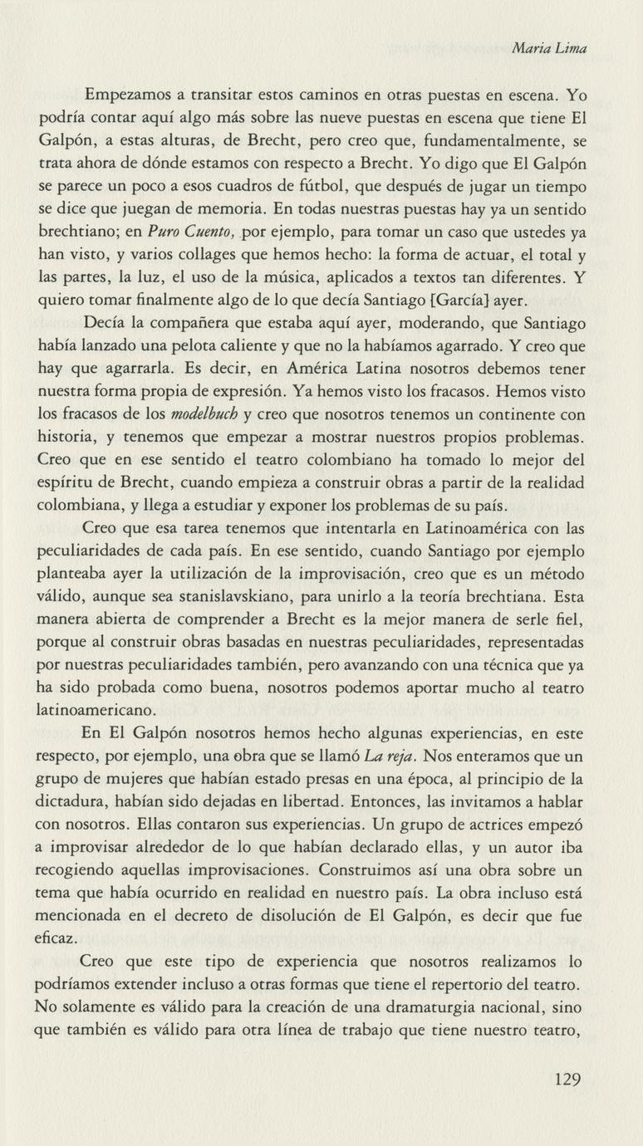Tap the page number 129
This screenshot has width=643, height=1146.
[x=565, y=1080]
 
